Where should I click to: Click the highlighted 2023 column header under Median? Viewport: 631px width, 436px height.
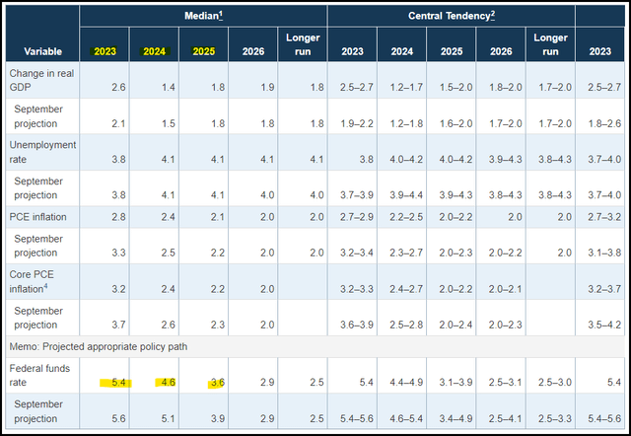click(x=105, y=50)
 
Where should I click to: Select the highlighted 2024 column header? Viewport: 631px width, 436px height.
click(x=155, y=50)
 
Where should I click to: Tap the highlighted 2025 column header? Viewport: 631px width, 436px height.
click(x=204, y=50)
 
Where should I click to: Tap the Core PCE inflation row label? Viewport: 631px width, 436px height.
click(x=35, y=281)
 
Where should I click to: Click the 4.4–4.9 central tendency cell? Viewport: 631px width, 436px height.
click(x=401, y=382)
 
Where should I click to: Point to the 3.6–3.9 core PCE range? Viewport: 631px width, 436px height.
click(x=352, y=325)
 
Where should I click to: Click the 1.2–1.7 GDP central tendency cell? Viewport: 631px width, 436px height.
click(x=401, y=89)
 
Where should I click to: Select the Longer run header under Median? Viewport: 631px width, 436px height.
click(x=303, y=44)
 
